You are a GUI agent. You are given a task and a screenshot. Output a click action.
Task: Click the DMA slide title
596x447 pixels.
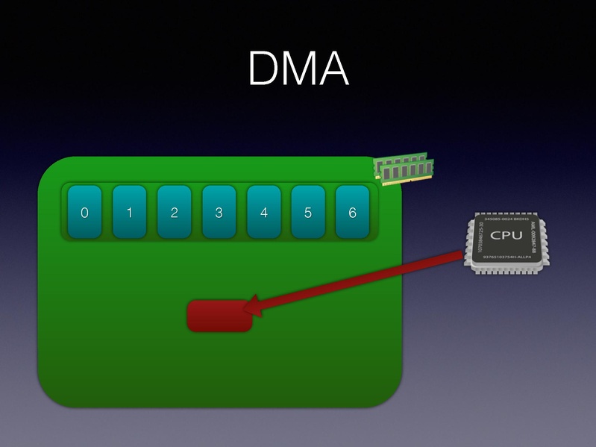pos(298,69)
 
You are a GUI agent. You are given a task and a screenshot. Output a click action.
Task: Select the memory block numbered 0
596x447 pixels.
pos(84,213)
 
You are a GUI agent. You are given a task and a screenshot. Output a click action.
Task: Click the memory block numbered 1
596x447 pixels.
pos(129,213)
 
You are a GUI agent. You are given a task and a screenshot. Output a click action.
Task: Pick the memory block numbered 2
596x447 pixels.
pos(174,213)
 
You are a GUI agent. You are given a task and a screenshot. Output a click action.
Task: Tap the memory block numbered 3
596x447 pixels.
pos(219,213)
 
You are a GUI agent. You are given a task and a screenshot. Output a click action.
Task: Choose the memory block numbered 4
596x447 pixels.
pos(263,213)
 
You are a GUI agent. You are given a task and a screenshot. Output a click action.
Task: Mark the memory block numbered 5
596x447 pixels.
pos(308,213)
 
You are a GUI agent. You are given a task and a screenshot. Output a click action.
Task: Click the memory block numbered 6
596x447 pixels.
pos(353,213)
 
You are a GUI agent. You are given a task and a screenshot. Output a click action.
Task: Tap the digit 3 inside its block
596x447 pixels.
pos(219,213)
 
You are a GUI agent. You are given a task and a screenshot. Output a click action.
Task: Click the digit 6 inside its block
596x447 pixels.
pos(353,213)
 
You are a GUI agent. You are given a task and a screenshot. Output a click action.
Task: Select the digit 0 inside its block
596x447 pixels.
pos(84,213)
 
